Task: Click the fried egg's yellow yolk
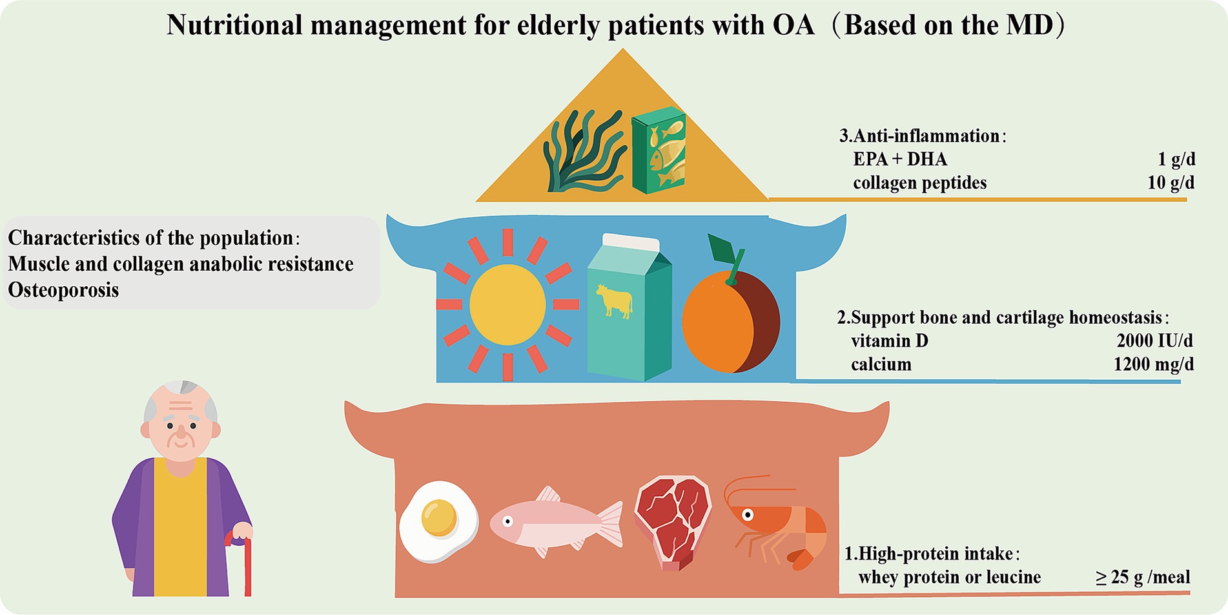[439, 517]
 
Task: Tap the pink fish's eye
[508, 521]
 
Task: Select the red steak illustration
[673, 521]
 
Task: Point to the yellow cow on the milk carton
[614, 301]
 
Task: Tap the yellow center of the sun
[507, 304]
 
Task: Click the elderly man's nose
[181, 432]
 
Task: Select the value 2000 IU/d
[1154, 340]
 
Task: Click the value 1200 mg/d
[1153, 364]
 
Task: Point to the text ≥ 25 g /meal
[1143, 577]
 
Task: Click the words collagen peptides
[919, 183]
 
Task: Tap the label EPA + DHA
[900, 159]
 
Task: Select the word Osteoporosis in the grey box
[63, 290]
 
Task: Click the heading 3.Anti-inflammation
[919, 136]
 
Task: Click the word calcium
[881, 364]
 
